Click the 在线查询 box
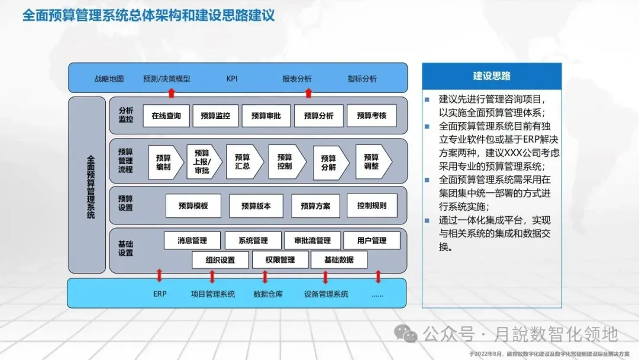166,116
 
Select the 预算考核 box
372,116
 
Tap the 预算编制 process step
163,162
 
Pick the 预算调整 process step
372,162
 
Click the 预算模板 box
193,206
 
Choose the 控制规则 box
372,205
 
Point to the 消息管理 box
192,240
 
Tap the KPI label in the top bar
232,79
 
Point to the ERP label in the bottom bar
160,294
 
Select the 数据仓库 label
268,294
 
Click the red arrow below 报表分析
308,92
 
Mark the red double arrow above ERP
159,276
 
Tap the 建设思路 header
492,76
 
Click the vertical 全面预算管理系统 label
90,187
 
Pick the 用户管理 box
372,240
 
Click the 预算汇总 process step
243,162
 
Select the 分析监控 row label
126,115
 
